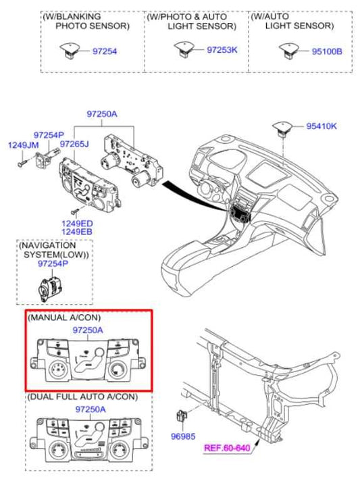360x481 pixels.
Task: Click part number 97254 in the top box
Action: point(105,51)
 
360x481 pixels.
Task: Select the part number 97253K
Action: point(222,50)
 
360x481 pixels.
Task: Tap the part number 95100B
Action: point(327,51)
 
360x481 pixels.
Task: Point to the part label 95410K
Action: point(322,126)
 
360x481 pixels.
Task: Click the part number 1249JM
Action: point(24,145)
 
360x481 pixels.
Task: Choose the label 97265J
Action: point(74,144)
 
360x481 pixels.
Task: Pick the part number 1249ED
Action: point(77,224)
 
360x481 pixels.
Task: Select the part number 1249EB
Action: point(77,232)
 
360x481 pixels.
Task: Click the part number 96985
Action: point(183,436)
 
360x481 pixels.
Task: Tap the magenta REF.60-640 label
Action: point(227,448)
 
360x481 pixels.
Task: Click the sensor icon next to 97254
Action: point(70,50)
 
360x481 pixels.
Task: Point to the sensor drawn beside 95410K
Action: point(282,128)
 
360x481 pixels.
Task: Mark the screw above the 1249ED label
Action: point(75,211)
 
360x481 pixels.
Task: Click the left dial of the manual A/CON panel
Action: point(58,370)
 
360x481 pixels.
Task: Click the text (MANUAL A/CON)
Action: point(64,318)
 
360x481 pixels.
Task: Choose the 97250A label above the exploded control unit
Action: point(102,114)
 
